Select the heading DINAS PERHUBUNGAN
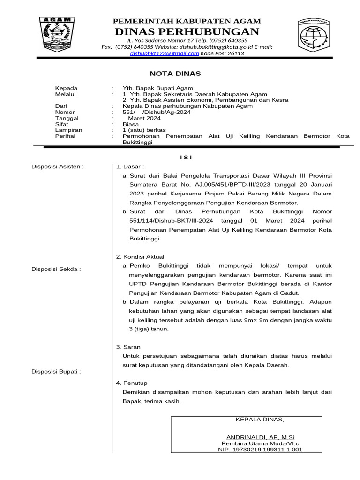tap(187, 31)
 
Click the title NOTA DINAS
tap(175, 74)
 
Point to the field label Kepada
tap(67, 88)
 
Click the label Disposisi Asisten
tap(57, 166)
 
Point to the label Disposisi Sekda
tap(56, 269)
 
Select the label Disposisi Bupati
tap(56, 372)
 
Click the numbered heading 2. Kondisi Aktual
tap(140, 257)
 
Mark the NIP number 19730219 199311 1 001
tap(260, 449)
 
